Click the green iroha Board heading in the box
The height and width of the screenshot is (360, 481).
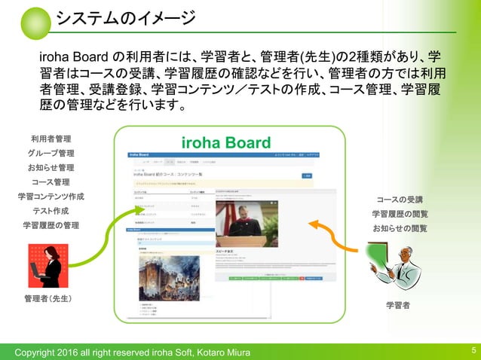[226, 143]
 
